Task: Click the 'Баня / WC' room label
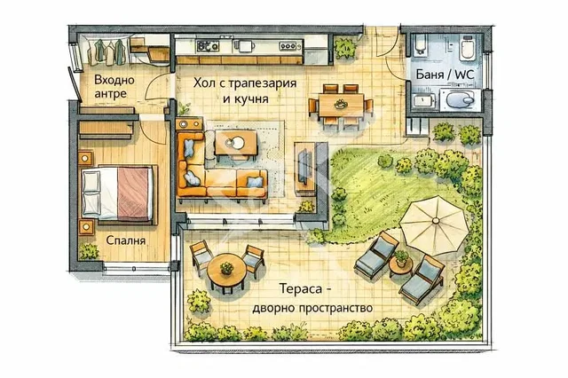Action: [445, 75]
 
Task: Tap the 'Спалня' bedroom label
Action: [126, 240]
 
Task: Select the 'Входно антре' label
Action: [114, 87]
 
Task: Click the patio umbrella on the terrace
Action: [435, 224]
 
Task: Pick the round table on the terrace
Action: [226, 271]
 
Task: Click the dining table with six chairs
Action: [341, 106]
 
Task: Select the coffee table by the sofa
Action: [236, 142]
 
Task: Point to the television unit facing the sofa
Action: [305, 167]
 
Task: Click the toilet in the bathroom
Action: [467, 48]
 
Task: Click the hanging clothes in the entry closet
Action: [108, 51]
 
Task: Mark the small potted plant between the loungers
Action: [401, 258]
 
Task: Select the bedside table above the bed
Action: [85, 158]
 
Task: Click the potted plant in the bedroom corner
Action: [89, 252]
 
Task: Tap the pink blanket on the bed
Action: [132, 193]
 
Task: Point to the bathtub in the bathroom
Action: [421, 44]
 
